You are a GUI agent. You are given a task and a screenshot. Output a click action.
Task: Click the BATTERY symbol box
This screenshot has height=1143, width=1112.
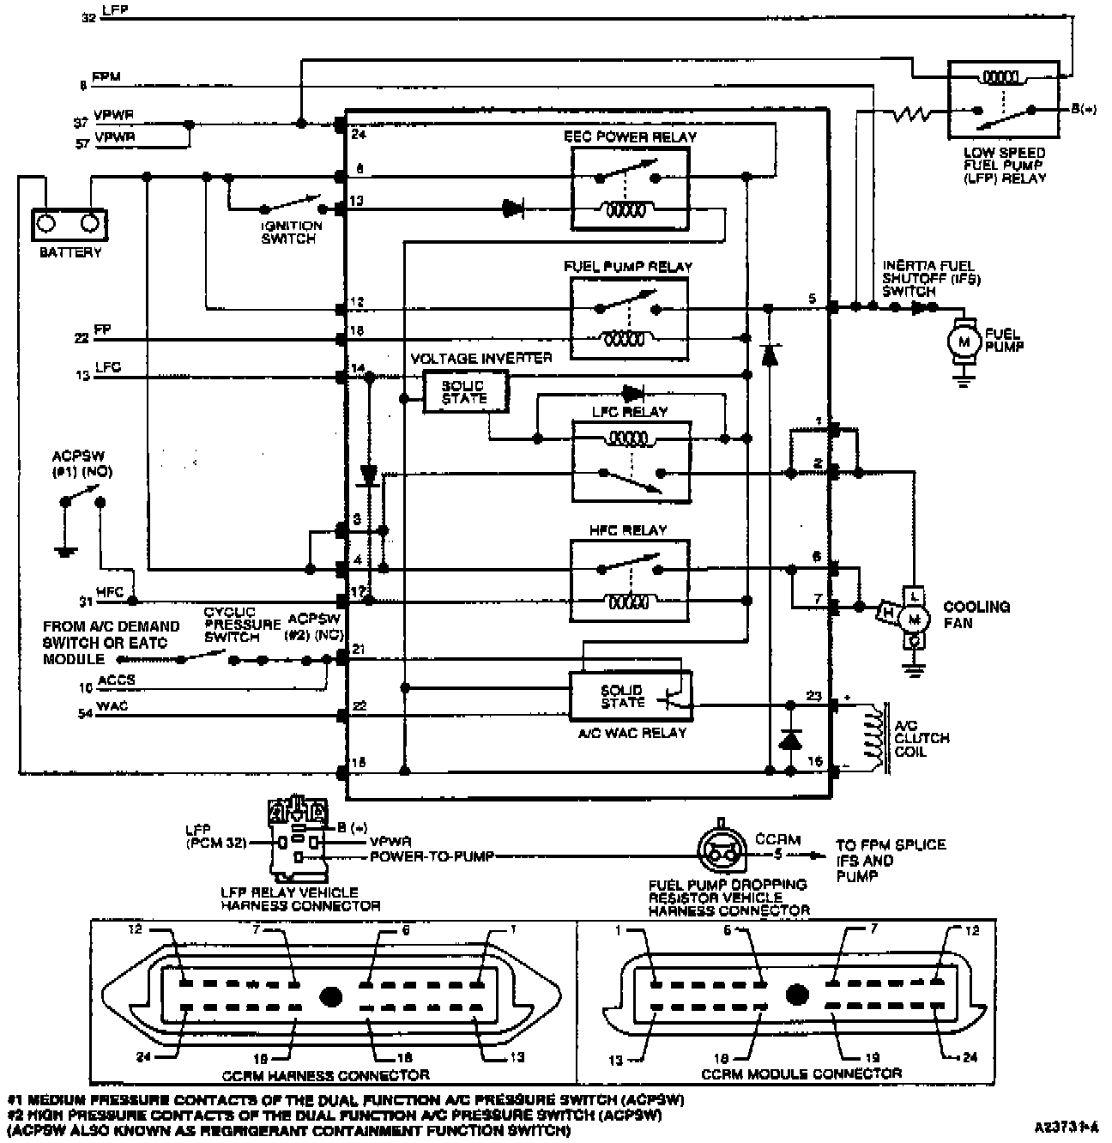pos(69,226)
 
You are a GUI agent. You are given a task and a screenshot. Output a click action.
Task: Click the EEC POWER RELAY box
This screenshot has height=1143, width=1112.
pos(631,188)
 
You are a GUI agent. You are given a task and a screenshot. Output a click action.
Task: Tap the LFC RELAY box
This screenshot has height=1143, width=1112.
pos(631,463)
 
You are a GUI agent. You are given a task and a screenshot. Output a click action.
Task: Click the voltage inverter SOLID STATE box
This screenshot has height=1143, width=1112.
pos(466,392)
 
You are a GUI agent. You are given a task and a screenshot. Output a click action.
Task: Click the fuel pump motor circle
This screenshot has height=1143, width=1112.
pos(964,341)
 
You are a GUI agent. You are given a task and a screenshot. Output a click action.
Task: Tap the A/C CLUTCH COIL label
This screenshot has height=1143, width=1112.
pos(922,738)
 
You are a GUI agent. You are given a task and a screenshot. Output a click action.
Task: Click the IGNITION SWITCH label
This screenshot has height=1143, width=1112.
pos(292,233)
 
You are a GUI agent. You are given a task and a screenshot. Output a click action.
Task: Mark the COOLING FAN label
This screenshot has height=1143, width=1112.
pos(976,614)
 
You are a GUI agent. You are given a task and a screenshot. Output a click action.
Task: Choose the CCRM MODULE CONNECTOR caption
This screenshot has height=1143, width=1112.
pos(801,1073)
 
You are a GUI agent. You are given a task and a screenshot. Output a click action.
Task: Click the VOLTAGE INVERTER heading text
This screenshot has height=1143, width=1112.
pos(481,358)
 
